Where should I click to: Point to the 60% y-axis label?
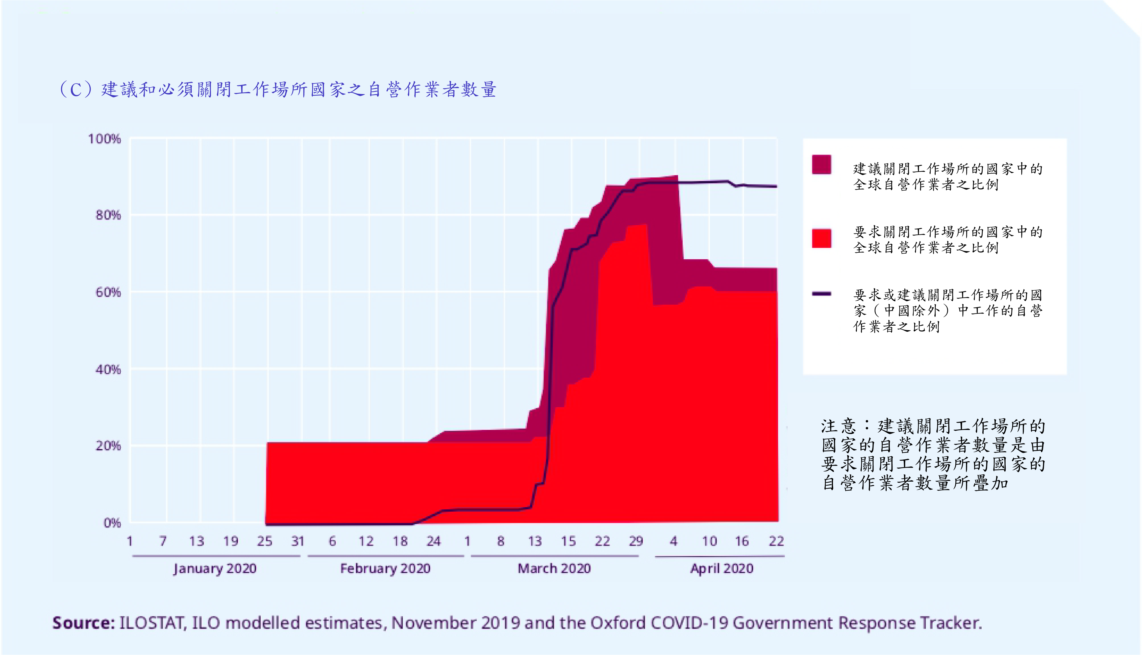pyautogui.click(x=108, y=292)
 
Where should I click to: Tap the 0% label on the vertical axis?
pyautogui.click(x=112, y=523)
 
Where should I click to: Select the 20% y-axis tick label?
pyautogui.click(x=108, y=446)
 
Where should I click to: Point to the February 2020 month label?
pyautogui.click(x=385, y=569)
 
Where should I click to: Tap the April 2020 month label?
pyautogui.click(x=722, y=569)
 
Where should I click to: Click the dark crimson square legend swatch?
pyautogui.click(x=822, y=164)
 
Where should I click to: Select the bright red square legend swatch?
pyautogui.click(x=822, y=239)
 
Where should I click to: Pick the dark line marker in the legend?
pyautogui.click(x=822, y=294)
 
